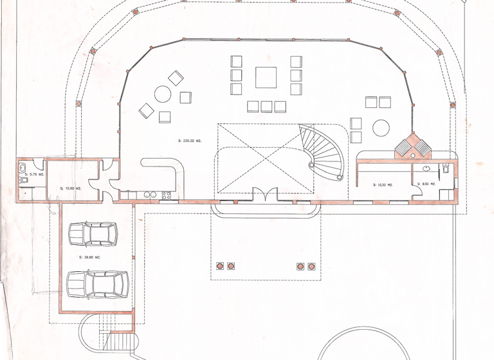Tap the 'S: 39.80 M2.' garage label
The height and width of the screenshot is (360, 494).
(89, 256)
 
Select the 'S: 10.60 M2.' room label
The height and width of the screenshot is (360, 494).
(70, 188)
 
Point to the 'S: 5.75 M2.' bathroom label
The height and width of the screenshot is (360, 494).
(33, 174)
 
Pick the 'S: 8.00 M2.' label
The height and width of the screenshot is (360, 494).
(426, 184)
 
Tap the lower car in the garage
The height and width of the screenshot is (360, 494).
(96, 283)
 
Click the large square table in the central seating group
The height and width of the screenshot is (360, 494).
(266, 77)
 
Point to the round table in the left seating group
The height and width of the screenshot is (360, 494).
(162, 95)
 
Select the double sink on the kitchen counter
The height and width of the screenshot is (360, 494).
(150, 194)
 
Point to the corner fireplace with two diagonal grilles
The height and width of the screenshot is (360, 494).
(412, 147)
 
